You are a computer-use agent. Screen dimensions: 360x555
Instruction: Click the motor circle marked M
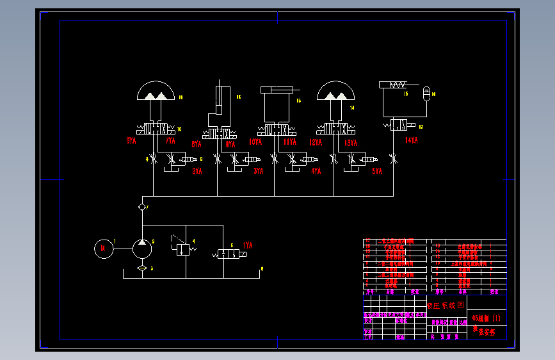[x=102, y=248]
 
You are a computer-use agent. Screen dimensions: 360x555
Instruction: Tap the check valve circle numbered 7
[x=142, y=208]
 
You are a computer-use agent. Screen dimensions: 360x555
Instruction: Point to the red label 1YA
[x=248, y=245]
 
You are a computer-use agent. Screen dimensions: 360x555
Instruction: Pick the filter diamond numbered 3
[x=142, y=268]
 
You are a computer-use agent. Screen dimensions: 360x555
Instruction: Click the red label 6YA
[x=131, y=140]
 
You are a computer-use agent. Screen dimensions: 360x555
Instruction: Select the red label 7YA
[x=170, y=140]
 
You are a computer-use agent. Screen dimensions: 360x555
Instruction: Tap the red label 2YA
[x=197, y=171]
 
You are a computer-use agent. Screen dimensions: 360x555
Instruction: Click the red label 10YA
[x=255, y=142]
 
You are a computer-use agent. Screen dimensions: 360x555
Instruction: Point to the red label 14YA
[x=411, y=140]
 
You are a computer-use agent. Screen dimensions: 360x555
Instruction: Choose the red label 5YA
[x=377, y=171]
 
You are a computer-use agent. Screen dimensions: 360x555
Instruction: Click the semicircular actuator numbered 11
[x=156, y=92]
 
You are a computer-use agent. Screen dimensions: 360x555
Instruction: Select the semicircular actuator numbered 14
[x=335, y=92]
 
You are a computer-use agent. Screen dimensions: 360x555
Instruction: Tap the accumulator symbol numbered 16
[x=428, y=95]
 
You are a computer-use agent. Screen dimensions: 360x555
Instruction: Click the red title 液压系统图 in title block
[x=446, y=306]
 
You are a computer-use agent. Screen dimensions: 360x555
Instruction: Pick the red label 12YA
[x=316, y=142]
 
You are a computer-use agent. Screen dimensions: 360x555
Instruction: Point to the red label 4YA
[x=316, y=171]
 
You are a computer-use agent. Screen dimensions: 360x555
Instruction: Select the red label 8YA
[x=197, y=143]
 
